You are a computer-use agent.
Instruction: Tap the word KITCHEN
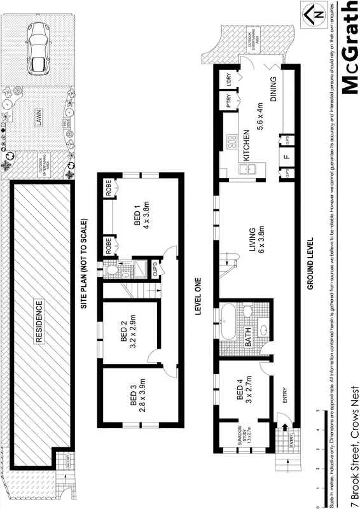pos(245,146)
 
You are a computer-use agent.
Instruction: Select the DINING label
pos(274,91)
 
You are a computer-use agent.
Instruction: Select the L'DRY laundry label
pos(226,80)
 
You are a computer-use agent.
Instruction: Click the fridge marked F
pos(286,155)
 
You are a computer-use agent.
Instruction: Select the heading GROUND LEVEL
pos(311,264)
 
